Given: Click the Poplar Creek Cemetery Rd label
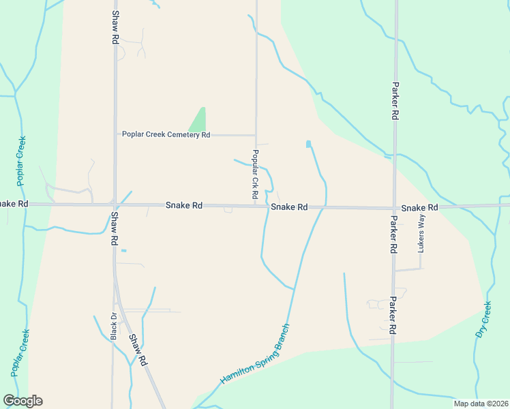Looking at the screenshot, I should [166, 134].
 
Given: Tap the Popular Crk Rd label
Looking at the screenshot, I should [254, 174].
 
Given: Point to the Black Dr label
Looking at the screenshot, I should [114, 326].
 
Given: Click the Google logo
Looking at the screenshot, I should [22, 401].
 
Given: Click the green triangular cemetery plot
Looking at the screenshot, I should [198, 121].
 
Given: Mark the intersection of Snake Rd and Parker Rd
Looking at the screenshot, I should [394, 207].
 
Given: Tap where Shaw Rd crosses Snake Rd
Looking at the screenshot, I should [115, 204].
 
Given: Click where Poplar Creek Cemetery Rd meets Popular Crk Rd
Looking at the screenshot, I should [256, 134].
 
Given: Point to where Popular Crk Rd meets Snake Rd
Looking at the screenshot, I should [256, 205].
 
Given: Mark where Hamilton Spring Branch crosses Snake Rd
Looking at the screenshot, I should [325, 207].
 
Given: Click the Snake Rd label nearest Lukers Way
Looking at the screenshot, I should [419, 207].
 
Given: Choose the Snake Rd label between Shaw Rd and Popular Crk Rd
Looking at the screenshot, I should [184, 204].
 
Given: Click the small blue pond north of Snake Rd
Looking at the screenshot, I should [309, 144].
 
